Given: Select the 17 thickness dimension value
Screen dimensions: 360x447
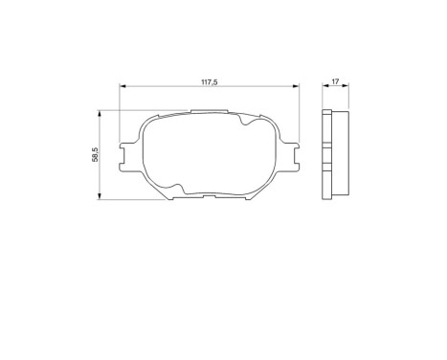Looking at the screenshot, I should coord(335,80).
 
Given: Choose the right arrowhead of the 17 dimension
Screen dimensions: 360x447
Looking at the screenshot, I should coord(346,87).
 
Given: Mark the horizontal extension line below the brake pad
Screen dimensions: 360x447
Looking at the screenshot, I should coord(134,200).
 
